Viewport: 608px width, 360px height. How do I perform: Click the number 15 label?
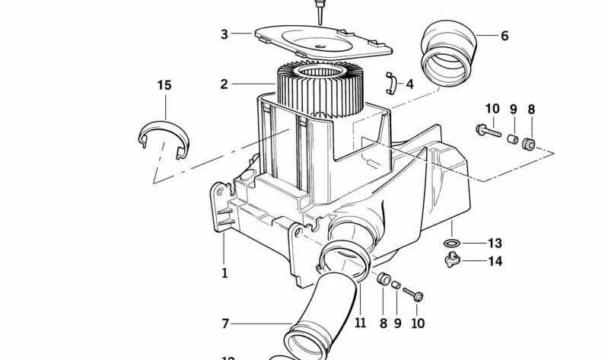[x=164, y=84]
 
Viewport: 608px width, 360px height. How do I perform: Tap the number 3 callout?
[x=224, y=34]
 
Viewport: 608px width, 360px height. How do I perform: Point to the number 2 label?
[x=224, y=84]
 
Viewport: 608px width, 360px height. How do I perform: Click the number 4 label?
[x=410, y=84]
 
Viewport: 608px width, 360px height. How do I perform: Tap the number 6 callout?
[x=505, y=36]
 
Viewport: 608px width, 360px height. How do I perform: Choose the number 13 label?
[x=495, y=244]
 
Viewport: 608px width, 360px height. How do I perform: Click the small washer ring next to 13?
[x=453, y=244]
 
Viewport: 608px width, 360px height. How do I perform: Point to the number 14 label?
[x=495, y=262]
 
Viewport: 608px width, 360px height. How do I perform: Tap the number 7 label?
[x=225, y=324]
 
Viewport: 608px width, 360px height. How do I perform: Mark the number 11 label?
[x=360, y=323]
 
